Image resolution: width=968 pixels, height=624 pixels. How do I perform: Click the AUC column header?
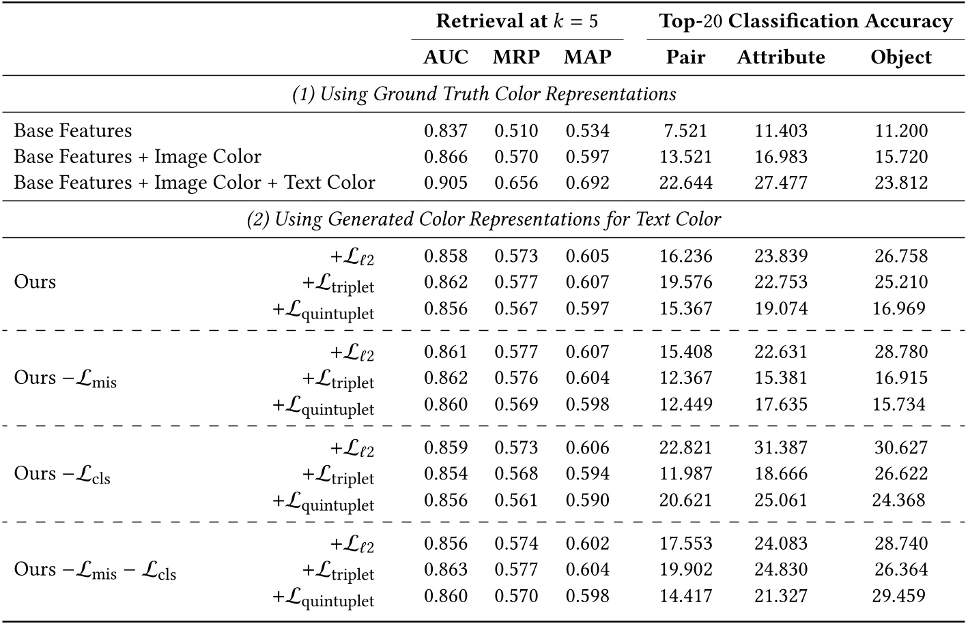446,57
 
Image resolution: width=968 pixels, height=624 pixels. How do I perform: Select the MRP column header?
516,57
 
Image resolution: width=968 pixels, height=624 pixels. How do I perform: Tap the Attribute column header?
781,57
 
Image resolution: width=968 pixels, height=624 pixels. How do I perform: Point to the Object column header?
901,57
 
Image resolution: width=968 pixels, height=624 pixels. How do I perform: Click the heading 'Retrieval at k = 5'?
517,21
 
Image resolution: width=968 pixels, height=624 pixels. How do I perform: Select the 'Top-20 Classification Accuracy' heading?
806,21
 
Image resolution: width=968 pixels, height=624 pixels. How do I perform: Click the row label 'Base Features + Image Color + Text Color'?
195,183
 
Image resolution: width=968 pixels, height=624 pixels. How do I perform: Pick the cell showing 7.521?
685,131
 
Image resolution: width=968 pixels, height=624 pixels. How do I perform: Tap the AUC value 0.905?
446,183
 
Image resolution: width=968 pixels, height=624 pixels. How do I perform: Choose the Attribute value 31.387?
781,448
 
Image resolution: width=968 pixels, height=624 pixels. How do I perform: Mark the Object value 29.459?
899,596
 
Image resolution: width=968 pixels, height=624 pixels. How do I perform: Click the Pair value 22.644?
685,183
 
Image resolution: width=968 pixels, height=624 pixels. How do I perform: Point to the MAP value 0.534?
587,131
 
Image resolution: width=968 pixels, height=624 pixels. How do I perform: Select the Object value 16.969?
899,308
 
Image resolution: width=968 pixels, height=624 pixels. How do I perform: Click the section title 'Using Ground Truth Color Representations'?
484,94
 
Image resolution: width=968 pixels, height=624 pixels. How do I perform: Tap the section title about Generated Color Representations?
484,220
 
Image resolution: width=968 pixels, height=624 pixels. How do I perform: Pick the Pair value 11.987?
685,474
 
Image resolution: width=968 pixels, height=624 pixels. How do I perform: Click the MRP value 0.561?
516,500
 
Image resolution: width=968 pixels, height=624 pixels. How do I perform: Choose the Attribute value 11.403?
781,131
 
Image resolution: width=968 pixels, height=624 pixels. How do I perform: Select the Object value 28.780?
901,352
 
